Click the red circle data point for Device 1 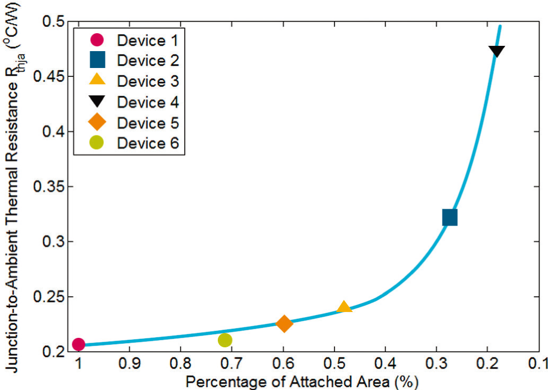79,344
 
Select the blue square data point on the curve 449,217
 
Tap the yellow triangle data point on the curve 344,307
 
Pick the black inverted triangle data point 496,52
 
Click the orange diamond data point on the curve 284,324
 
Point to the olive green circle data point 225,340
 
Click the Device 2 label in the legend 148,61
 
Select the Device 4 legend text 148,102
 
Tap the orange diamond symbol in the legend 98,123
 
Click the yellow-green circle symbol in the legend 98,143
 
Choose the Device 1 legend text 148,40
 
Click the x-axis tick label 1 79,364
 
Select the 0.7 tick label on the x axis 232,364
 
